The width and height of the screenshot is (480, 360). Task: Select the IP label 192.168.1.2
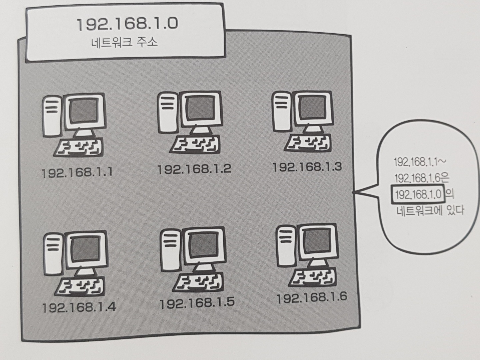coord(194,169)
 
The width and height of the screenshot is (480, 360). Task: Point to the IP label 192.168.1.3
coord(307,167)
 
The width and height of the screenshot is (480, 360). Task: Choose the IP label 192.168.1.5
coord(197,302)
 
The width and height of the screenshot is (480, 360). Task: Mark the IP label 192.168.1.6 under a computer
coord(312,297)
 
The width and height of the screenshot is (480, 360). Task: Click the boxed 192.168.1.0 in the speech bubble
coord(418,194)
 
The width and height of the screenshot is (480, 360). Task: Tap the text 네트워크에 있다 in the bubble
coord(430,210)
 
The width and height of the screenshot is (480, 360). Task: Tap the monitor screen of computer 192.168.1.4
coord(86,248)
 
